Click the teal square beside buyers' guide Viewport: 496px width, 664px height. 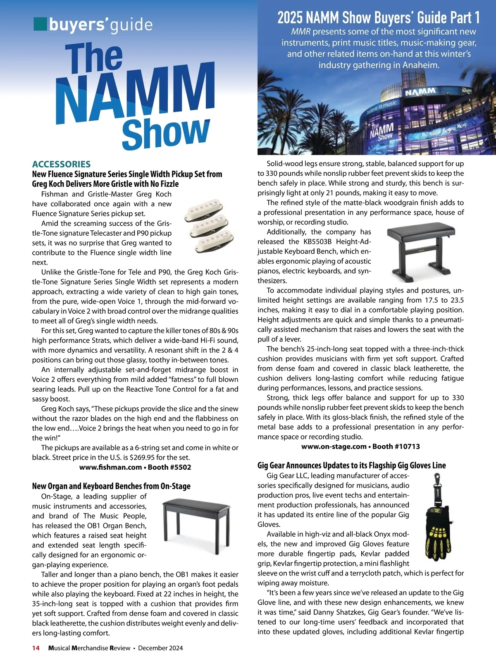tap(40, 24)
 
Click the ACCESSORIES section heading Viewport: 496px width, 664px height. tap(61, 164)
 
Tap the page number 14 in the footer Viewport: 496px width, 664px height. tap(36, 648)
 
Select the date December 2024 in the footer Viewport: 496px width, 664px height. tap(160, 648)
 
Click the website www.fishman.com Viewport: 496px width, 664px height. tap(110, 467)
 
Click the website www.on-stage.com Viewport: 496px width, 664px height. tap(334, 447)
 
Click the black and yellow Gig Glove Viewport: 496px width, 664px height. tap(439, 535)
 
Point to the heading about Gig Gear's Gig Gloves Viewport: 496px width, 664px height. tap(351, 466)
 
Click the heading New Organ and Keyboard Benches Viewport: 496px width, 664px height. tap(111, 486)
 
